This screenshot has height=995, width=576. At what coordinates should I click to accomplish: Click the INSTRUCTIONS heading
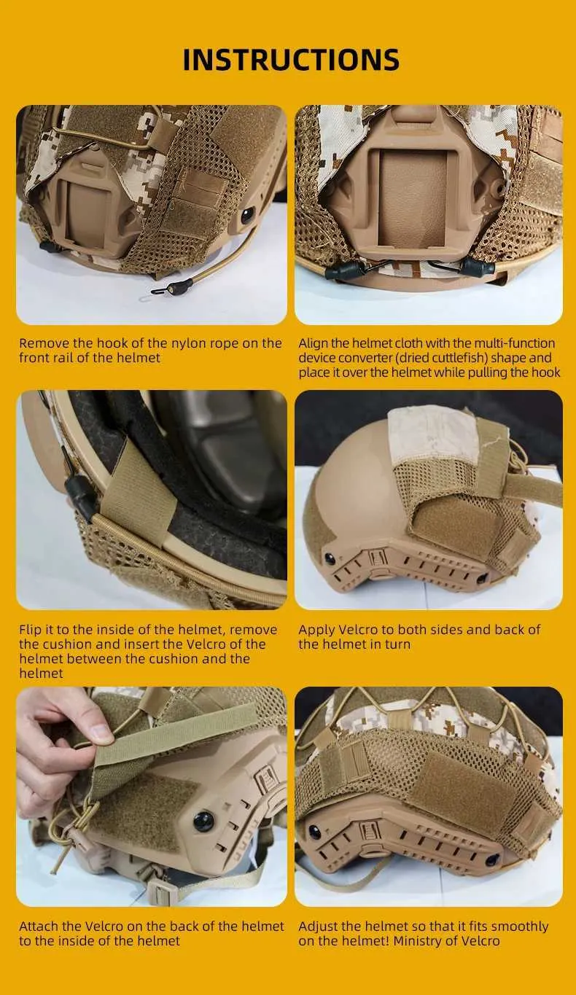[x=291, y=60]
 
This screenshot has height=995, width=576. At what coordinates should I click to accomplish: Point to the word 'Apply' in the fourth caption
[x=316, y=631]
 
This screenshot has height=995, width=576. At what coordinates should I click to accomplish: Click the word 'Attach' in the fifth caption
[x=39, y=926]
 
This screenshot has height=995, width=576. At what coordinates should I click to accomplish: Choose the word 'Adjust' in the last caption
[x=318, y=927]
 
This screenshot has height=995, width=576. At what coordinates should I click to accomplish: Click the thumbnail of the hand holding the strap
[x=151, y=797]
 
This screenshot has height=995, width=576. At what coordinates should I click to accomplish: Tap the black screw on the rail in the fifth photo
[x=203, y=822]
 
